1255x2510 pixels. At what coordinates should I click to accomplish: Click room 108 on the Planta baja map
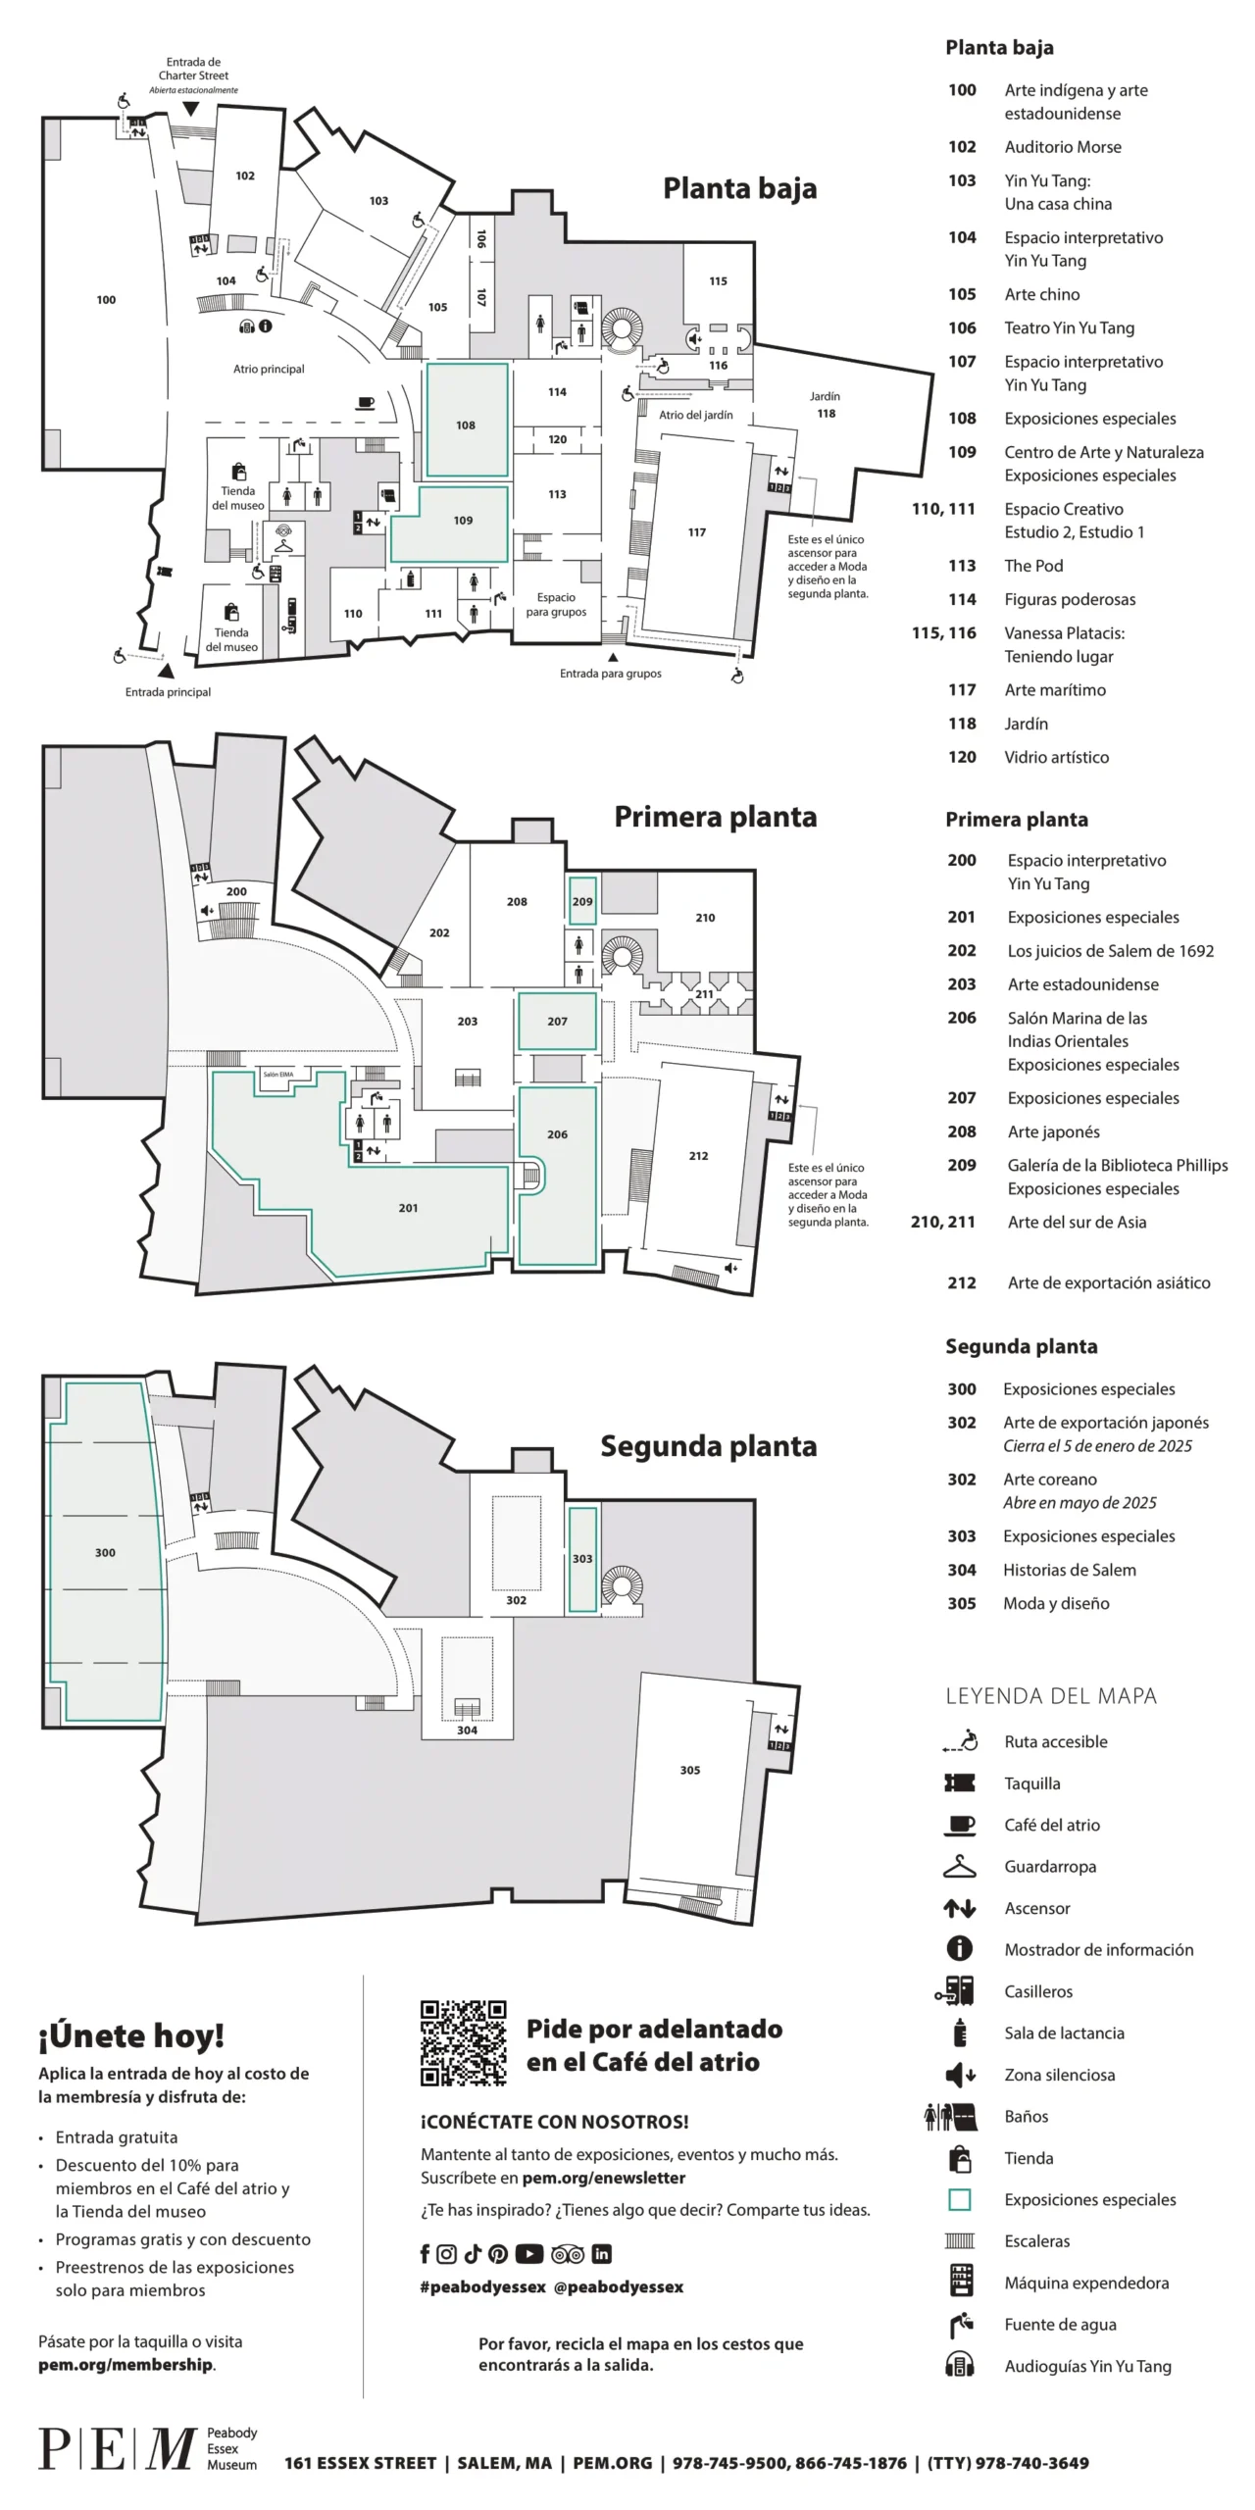pyautogui.click(x=466, y=425)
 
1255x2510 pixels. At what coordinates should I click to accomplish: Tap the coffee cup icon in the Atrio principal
pyautogui.click(x=366, y=401)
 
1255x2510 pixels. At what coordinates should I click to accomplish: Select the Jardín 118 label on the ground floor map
pyautogui.click(x=826, y=405)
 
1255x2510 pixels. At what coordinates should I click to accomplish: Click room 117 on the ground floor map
pyautogui.click(x=696, y=532)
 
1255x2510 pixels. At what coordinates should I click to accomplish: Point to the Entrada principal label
pyautogui.click(x=168, y=691)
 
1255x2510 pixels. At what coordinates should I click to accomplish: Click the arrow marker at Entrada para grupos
pyautogui.click(x=613, y=657)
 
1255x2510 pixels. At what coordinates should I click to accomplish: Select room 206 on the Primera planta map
pyautogui.click(x=557, y=1133)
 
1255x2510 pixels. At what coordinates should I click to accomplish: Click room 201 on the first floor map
pyautogui.click(x=408, y=1207)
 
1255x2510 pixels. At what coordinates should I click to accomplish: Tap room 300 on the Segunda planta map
pyautogui.click(x=105, y=1552)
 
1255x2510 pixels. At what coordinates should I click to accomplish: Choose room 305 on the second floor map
pyautogui.click(x=689, y=1770)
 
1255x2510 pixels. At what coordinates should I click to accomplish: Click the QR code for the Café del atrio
pyautogui.click(x=463, y=2042)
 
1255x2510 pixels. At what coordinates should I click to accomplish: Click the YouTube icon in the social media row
pyautogui.click(x=528, y=2254)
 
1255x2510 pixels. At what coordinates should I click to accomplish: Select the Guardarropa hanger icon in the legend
pyautogui.click(x=959, y=1866)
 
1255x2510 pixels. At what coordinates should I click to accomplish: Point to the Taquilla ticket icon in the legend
pyautogui.click(x=959, y=1782)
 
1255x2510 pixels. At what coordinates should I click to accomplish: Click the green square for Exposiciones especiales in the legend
pyautogui.click(x=959, y=2199)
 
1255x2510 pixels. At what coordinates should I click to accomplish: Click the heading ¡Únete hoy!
pyautogui.click(x=131, y=2036)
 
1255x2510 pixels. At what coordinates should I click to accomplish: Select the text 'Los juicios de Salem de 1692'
pyautogui.click(x=1110, y=950)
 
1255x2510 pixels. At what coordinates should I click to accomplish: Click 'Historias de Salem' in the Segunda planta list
pyautogui.click(x=1069, y=1569)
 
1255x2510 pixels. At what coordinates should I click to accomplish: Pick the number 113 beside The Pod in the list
pyautogui.click(x=961, y=566)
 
